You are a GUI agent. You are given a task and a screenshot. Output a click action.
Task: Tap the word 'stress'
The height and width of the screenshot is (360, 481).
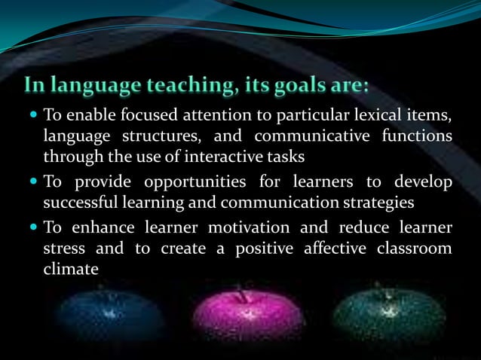click(x=65, y=249)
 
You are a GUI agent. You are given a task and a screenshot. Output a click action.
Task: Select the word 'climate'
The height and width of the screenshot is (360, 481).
click(x=71, y=268)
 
